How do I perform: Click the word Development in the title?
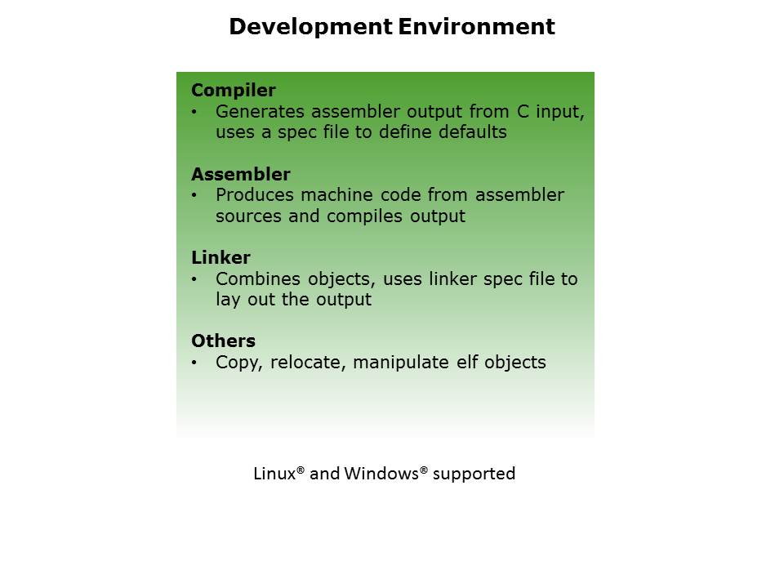click(310, 26)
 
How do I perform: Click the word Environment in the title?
click(476, 26)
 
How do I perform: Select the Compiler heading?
click(233, 91)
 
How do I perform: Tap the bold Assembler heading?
click(240, 174)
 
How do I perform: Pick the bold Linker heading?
click(220, 257)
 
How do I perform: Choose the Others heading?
click(223, 341)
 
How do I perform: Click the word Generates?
click(260, 112)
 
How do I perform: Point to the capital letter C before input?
click(523, 112)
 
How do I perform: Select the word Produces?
click(255, 195)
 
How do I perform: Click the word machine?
click(336, 195)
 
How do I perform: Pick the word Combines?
click(257, 279)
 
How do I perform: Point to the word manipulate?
click(400, 363)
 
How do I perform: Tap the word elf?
click(467, 362)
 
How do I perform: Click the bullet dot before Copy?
click(194, 363)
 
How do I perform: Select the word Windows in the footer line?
click(381, 474)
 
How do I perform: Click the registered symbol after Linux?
click(301, 470)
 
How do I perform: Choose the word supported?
click(474, 474)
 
